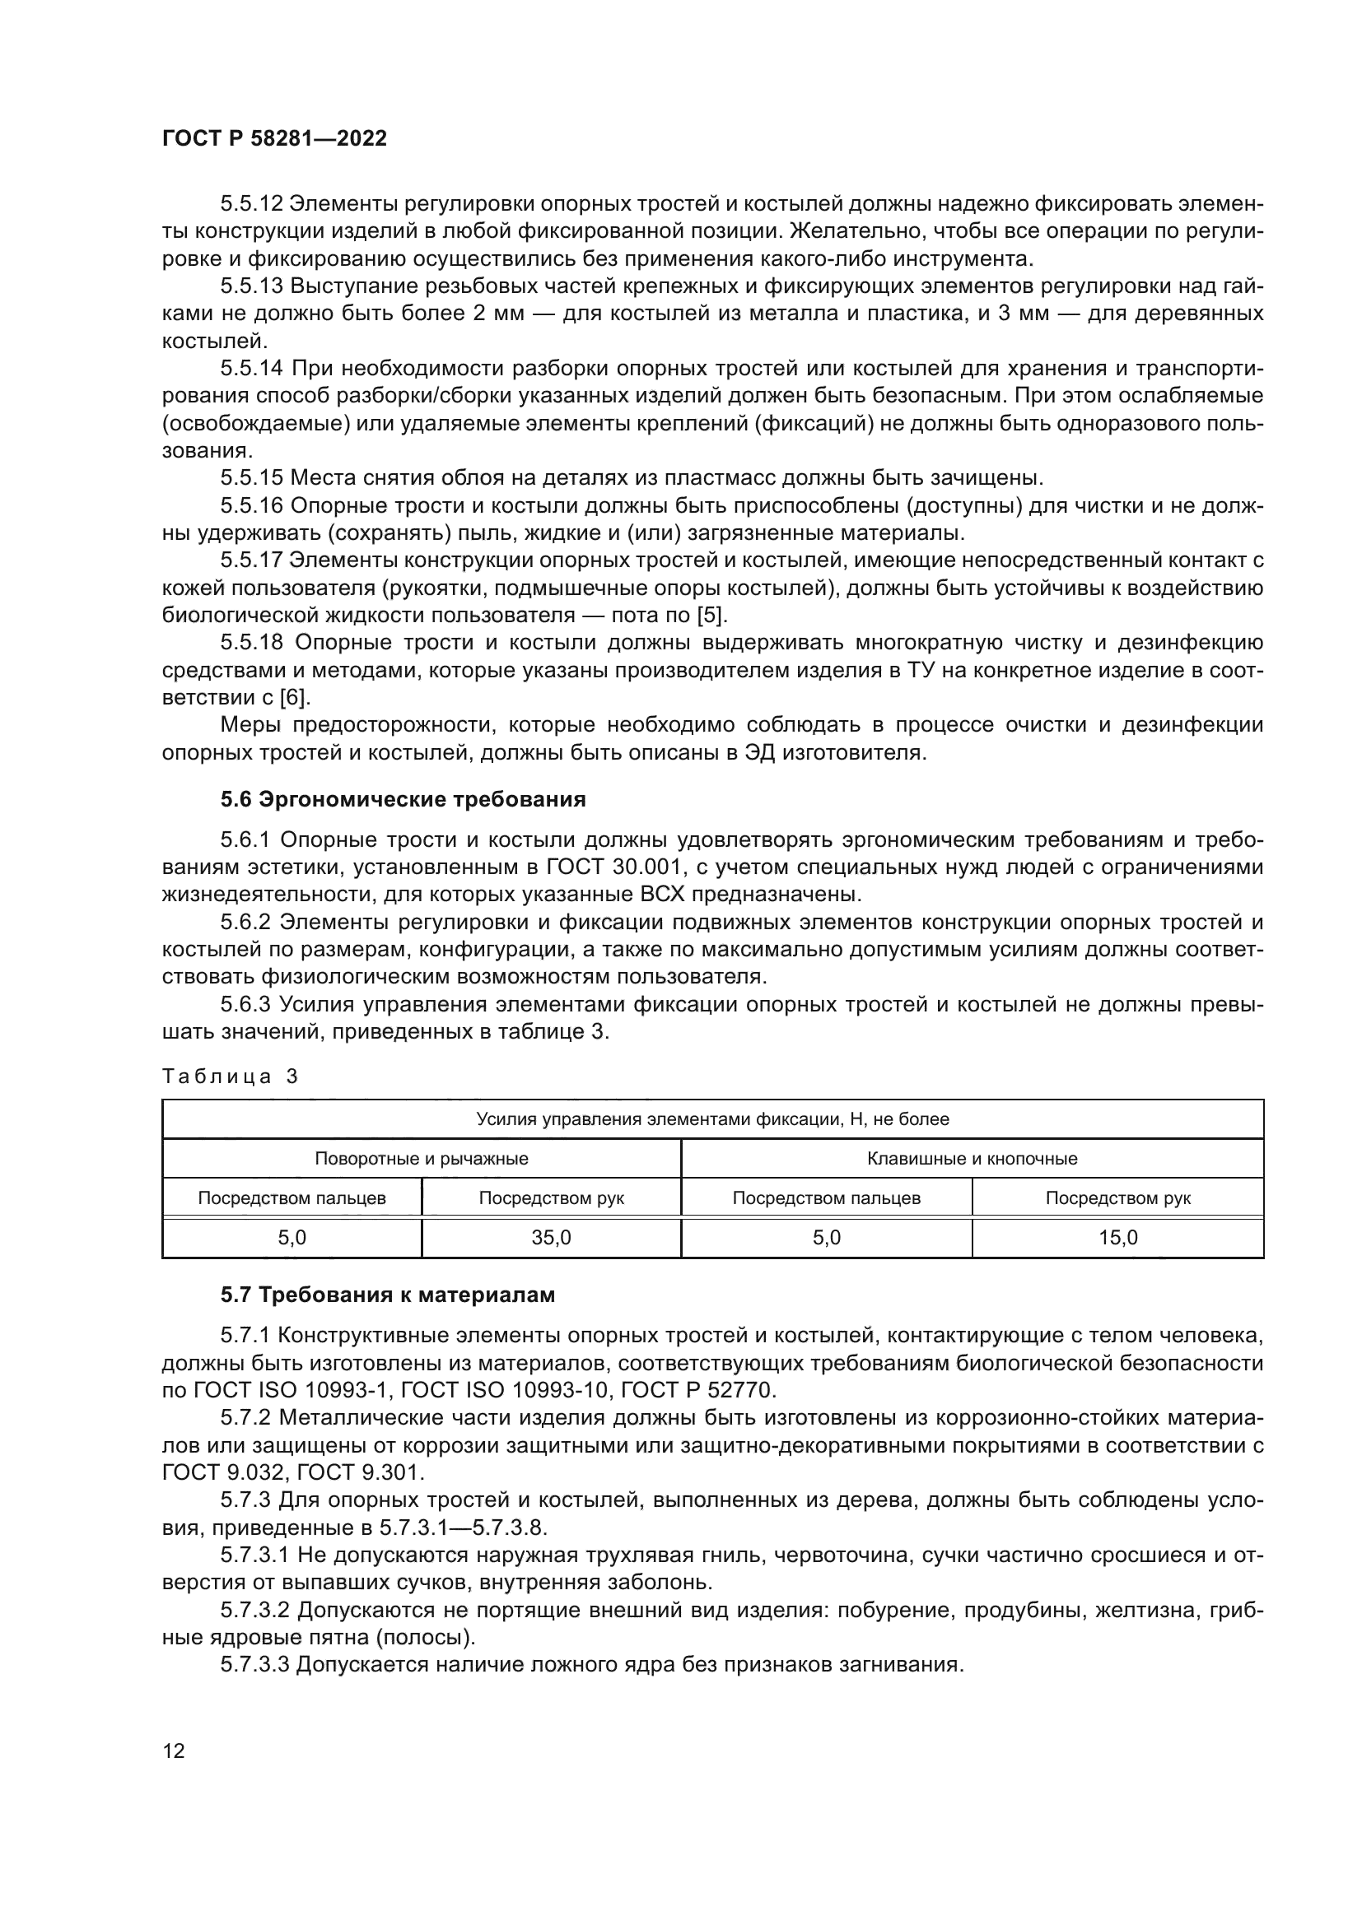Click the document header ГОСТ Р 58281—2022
(274, 139)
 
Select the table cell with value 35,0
(551, 1238)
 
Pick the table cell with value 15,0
(1118, 1238)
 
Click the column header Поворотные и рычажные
(421, 1159)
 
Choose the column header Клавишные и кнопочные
(972, 1159)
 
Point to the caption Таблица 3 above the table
(230, 1076)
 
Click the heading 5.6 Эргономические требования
(403, 799)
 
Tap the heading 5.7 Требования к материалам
(388, 1295)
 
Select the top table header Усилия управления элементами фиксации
(713, 1119)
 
